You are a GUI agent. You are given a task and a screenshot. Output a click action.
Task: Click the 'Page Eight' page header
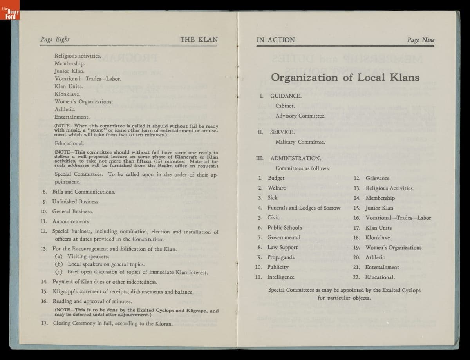[55, 39]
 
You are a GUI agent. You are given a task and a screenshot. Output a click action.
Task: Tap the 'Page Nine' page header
[421, 40]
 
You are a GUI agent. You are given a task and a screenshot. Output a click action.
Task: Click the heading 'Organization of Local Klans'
[345, 77]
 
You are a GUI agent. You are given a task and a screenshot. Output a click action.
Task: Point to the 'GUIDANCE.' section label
[286, 96]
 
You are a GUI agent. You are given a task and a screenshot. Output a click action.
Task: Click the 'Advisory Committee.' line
[300, 116]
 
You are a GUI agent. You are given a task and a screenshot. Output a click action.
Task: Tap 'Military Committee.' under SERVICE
[300, 142]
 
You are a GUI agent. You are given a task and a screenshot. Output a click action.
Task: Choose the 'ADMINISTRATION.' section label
[296, 158]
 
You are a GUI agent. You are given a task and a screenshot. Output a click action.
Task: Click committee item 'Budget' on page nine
[276, 178]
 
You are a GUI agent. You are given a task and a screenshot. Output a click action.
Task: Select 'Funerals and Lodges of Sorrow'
[304, 208]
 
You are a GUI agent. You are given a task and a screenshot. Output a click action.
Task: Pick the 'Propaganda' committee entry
[281, 257]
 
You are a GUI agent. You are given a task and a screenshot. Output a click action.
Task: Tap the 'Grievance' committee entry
[377, 178]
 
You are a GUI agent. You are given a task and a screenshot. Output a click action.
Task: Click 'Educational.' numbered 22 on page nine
[380, 277]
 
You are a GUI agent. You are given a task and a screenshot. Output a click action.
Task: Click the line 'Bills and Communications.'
[83, 192]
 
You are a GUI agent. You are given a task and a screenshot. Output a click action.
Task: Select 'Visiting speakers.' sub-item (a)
[88, 256]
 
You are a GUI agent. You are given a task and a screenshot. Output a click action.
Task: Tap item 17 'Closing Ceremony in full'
[112, 323]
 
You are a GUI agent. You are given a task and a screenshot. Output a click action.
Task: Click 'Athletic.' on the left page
[65, 109]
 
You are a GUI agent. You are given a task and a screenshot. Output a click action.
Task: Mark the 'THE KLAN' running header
[199, 39]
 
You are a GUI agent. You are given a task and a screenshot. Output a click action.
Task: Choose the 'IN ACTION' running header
[276, 40]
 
